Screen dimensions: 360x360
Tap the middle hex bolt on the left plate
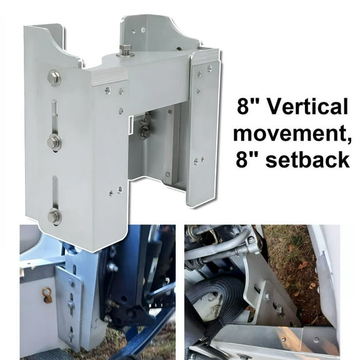click(x=54, y=141)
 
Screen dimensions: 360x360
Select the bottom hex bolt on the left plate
click(x=54, y=216)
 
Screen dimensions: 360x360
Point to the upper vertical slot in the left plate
click(x=55, y=119)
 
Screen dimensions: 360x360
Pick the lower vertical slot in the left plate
click(x=55, y=194)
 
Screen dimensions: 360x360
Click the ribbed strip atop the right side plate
click(x=206, y=57)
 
